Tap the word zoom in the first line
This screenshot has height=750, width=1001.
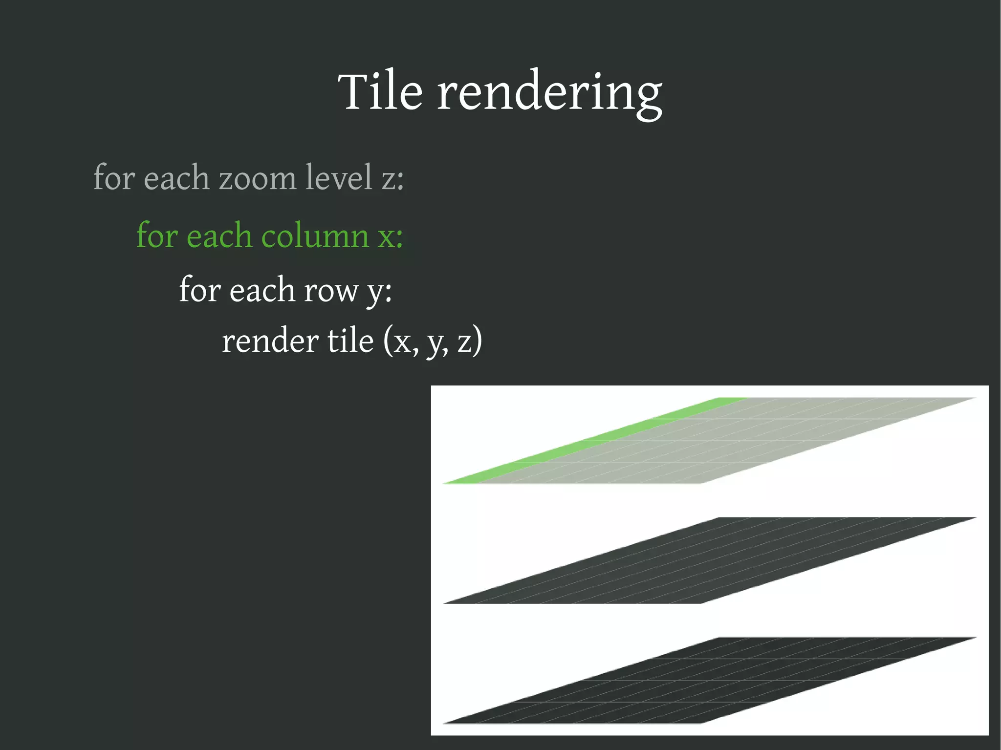coord(257,178)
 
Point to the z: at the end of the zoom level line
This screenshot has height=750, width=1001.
coord(392,179)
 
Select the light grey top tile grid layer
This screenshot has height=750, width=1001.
coord(733,440)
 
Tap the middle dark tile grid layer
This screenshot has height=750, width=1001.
coord(709,560)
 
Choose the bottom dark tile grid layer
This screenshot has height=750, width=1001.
coord(709,680)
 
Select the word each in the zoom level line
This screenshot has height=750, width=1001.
coord(176,178)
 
